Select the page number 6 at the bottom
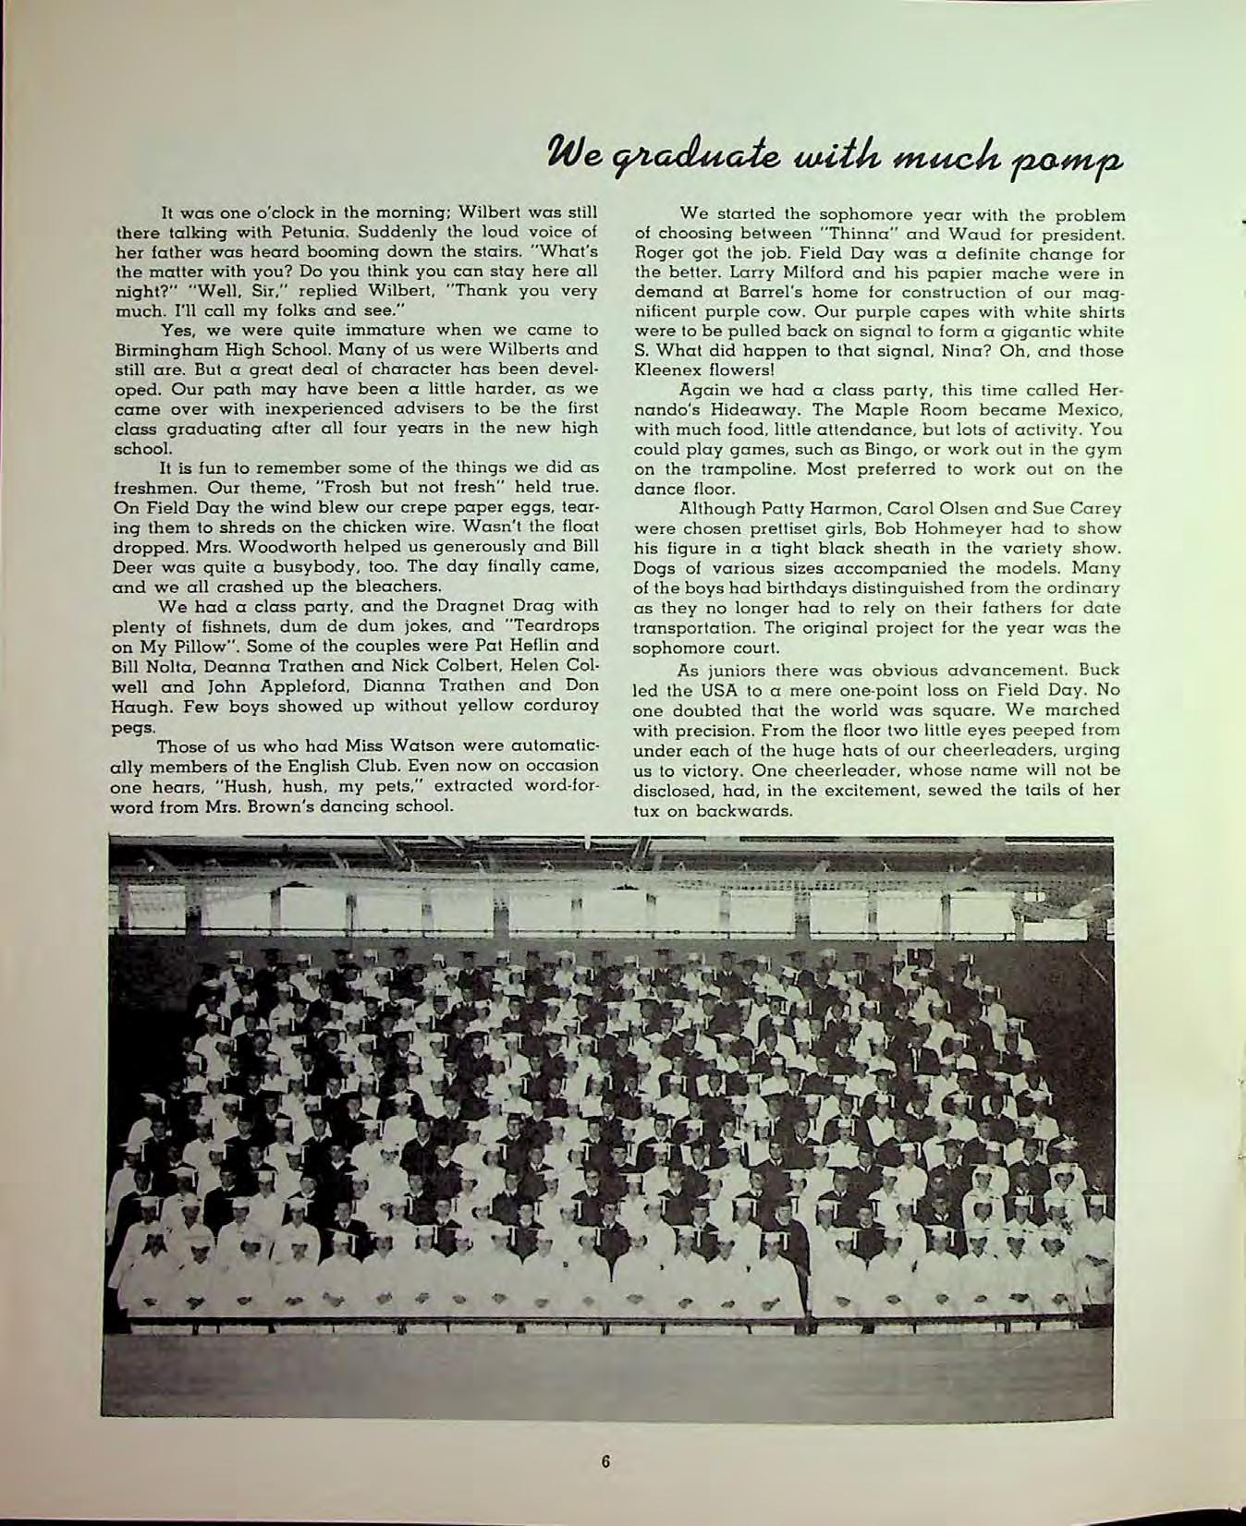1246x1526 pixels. (605, 1461)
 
